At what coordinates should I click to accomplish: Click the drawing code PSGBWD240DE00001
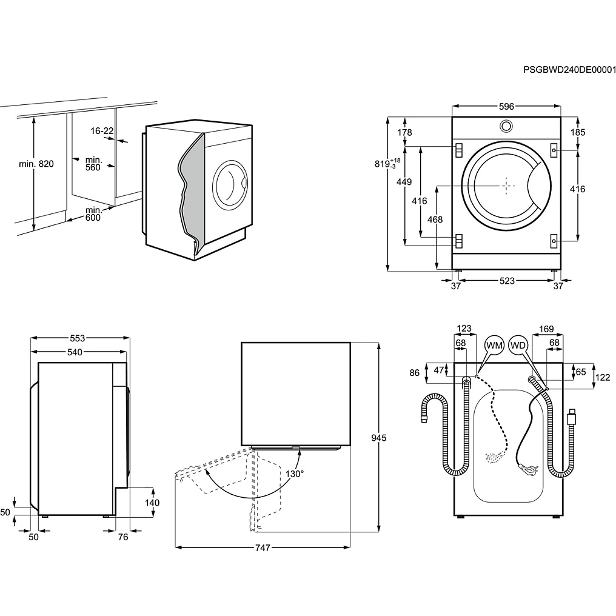tap(569, 70)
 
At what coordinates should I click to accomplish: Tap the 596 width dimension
tap(506, 107)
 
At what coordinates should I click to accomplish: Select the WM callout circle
tap(495, 345)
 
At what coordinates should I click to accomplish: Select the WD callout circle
tap(518, 345)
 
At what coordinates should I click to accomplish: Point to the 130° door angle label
tap(295, 474)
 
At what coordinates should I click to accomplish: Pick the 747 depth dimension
tap(262, 547)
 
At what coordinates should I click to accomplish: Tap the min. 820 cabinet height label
tap(36, 164)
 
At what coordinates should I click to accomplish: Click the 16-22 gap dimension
tap(102, 131)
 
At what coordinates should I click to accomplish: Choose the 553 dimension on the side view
tap(77, 338)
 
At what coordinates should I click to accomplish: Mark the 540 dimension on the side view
tap(75, 352)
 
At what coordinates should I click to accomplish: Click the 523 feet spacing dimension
tap(507, 281)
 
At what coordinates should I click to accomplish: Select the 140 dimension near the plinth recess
tap(152, 503)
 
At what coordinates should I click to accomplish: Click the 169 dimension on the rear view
tap(546, 330)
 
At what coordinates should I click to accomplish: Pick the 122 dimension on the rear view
tap(602, 377)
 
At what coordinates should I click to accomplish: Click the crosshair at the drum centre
tap(506, 186)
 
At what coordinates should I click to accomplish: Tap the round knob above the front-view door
tap(506, 126)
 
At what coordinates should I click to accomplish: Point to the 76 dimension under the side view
tap(123, 537)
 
